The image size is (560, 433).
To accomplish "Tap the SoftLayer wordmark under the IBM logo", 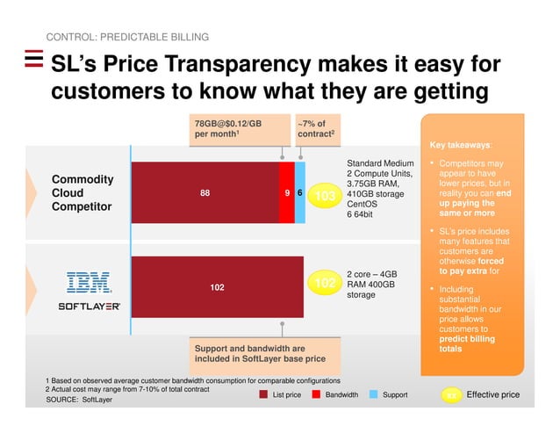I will pyautogui.click(x=89, y=307).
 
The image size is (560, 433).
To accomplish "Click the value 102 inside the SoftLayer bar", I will pyautogui.click(x=217, y=285).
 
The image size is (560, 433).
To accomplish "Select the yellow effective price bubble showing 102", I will pyautogui.click(x=326, y=283).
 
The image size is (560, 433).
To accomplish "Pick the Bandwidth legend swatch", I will pyautogui.click(x=317, y=395).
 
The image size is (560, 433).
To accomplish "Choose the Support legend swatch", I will pyautogui.click(x=374, y=395).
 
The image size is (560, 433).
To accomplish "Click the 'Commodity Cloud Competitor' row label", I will pyautogui.click(x=83, y=193).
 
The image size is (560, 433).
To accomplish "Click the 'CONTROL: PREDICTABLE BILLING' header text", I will pyautogui.click(x=127, y=38).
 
